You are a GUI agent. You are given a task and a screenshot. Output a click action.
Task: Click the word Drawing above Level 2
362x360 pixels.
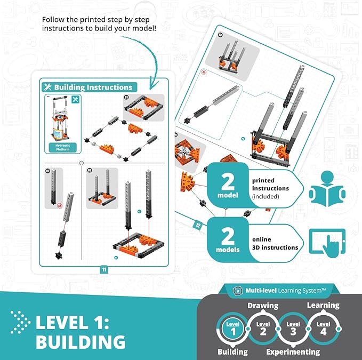click(263, 306)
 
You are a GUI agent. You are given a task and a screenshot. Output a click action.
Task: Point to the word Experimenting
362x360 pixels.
click(293, 351)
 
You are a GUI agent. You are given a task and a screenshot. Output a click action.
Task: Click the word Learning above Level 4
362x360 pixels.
click(323, 306)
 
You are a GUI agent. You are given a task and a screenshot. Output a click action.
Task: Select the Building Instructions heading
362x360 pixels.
click(93, 87)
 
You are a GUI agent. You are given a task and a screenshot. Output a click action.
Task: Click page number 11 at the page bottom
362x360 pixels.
click(104, 269)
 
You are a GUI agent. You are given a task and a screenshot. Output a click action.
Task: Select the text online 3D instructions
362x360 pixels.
click(275, 243)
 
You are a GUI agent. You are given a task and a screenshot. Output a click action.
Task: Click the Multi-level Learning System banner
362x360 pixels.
click(283, 290)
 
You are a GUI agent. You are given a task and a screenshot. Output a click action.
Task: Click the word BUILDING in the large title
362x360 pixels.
click(81, 341)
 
